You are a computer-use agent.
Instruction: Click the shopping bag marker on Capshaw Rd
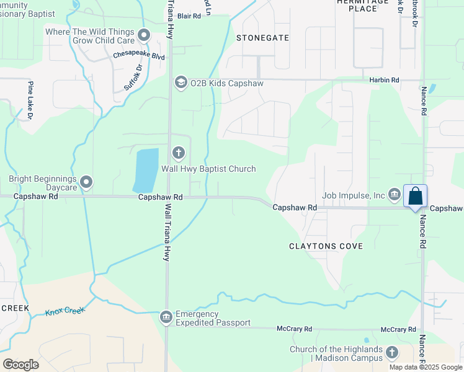click(x=415, y=197)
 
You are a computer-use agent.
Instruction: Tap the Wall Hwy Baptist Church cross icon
click(x=178, y=153)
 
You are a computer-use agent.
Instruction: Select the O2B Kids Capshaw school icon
click(x=181, y=83)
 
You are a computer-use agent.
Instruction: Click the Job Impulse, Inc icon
click(x=395, y=195)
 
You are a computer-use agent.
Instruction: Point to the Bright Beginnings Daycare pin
click(x=86, y=182)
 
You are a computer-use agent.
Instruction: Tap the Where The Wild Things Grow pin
click(x=144, y=35)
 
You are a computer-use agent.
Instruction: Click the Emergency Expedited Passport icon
click(x=166, y=318)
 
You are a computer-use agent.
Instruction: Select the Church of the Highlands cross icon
click(x=391, y=353)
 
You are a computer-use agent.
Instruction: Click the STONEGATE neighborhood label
click(x=262, y=38)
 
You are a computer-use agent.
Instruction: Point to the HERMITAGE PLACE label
click(x=365, y=6)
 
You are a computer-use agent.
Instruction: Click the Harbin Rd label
click(x=384, y=81)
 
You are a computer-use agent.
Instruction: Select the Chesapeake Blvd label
click(x=138, y=56)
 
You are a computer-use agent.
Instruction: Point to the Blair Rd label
click(x=189, y=17)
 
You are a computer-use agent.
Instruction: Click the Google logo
click(x=20, y=365)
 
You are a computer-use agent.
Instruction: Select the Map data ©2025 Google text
click(x=426, y=367)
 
